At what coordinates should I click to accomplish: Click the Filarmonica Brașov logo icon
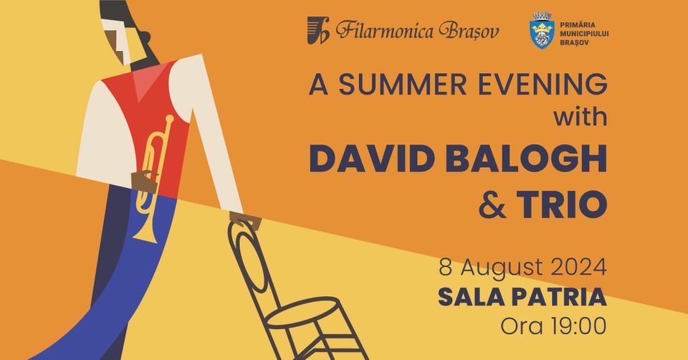point(317,30)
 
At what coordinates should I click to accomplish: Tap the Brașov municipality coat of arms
point(542,30)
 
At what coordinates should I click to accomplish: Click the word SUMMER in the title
point(402,85)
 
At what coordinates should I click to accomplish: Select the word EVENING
point(543,85)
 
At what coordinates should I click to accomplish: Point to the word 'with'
point(580,117)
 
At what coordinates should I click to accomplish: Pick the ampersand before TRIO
point(492,204)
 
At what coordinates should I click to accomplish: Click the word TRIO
point(562,204)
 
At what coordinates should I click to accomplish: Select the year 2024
point(579,267)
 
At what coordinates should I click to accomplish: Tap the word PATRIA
point(559,297)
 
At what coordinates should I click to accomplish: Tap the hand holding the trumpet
point(144,181)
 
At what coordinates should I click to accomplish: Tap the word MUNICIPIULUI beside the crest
point(585,34)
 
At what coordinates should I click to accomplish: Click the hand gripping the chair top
point(245,220)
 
